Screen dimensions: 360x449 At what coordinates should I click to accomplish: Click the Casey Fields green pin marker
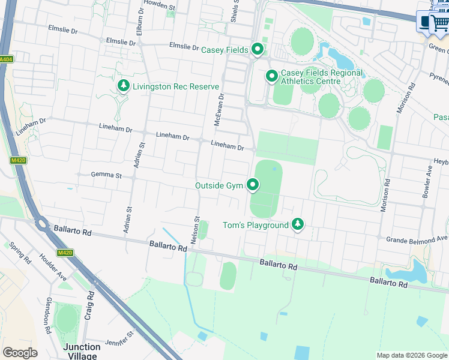click(x=258, y=49)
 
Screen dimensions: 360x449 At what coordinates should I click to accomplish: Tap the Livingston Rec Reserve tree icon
click(x=124, y=86)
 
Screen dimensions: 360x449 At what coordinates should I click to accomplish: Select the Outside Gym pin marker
click(x=253, y=186)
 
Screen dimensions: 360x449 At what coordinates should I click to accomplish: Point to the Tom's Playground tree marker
click(x=297, y=225)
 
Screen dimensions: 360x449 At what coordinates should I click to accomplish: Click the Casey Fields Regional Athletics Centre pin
click(x=271, y=77)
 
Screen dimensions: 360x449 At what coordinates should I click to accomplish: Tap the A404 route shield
click(x=6, y=59)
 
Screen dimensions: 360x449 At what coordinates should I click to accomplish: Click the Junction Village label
click(x=82, y=352)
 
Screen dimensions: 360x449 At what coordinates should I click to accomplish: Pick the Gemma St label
click(x=106, y=176)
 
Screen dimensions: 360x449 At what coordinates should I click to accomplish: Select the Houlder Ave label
click(x=54, y=269)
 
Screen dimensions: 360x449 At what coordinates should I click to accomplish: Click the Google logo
click(x=20, y=353)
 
